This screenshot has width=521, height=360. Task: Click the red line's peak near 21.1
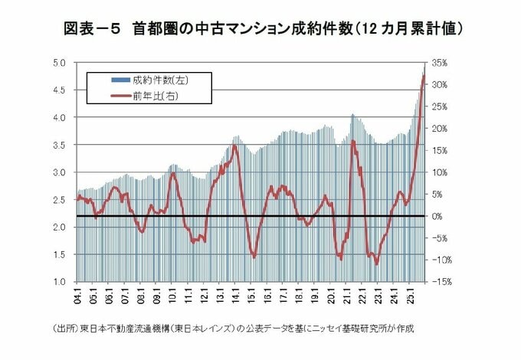coord(352,141)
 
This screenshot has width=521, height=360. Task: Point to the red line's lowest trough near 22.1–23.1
coord(376,263)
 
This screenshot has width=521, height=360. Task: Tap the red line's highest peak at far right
coord(423,74)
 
